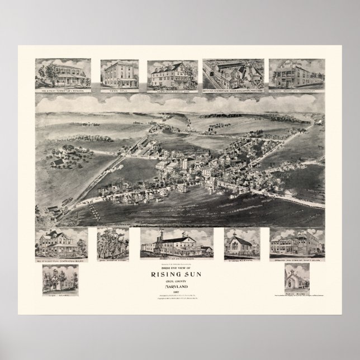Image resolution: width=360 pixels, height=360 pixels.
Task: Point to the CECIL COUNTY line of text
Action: point(180,282)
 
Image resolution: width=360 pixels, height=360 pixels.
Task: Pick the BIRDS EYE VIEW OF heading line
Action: point(180,267)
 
